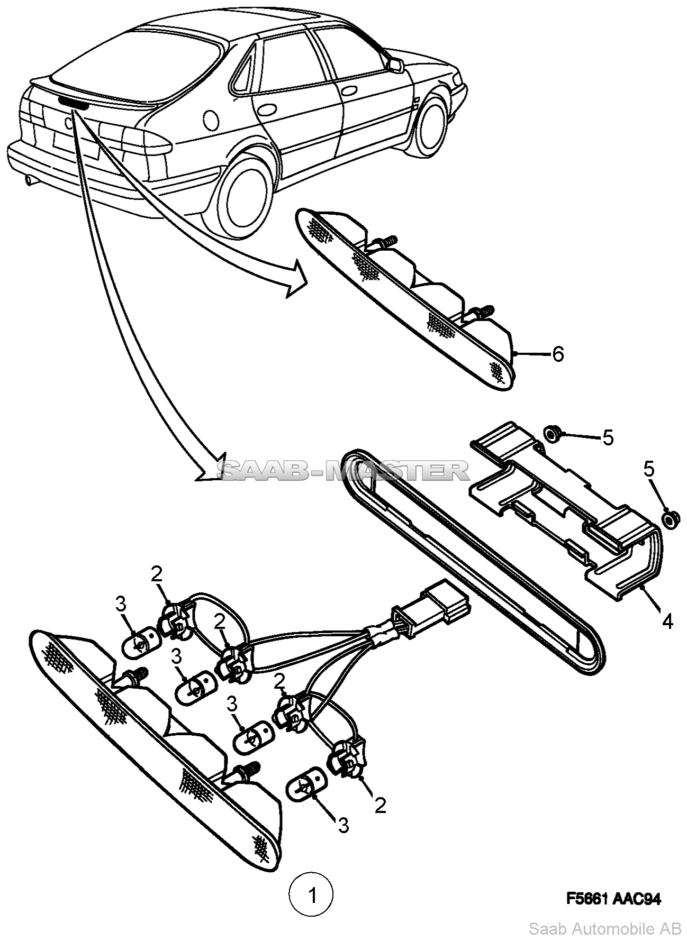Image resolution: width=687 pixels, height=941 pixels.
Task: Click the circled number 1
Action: pos(312,896)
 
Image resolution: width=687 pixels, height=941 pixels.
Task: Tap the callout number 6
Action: pos(558,354)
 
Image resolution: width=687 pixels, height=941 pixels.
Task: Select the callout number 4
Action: pos(667,621)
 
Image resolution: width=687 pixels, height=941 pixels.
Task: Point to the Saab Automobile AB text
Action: pos(605,928)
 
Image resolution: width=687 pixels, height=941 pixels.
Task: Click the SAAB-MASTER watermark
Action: pos(344,470)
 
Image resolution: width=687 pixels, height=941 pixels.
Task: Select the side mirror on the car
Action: pos(395,65)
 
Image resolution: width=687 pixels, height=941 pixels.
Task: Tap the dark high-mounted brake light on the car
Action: pos(73,103)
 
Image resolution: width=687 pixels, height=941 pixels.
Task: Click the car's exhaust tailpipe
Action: pos(29,182)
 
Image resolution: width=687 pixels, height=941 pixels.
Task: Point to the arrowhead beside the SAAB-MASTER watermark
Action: pos(212,467)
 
